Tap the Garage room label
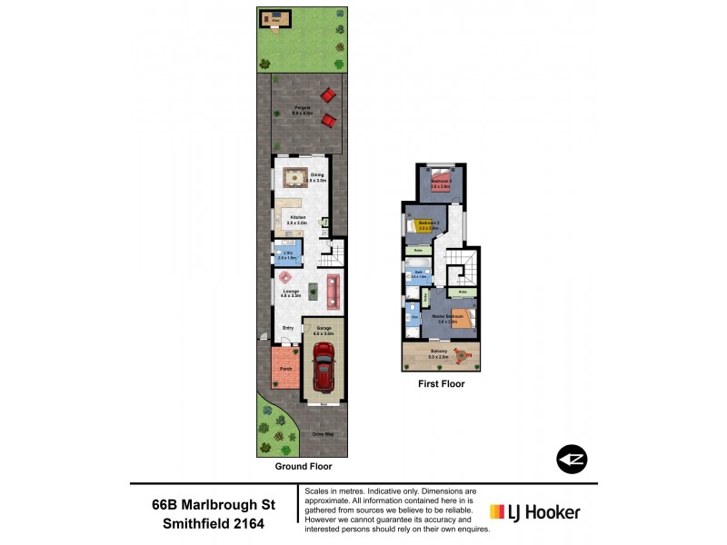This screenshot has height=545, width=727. pos(324,332)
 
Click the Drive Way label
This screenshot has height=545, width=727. pos(324,434)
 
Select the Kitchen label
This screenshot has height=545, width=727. pos(298,219)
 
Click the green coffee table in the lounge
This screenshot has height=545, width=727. pos(314,291)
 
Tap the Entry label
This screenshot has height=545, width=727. pos(288,328)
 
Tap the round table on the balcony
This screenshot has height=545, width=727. pos(464,356)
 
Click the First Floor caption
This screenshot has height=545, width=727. pos(441,384)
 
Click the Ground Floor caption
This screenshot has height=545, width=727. pos(304,466)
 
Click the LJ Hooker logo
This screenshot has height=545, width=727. pos(534,512)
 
